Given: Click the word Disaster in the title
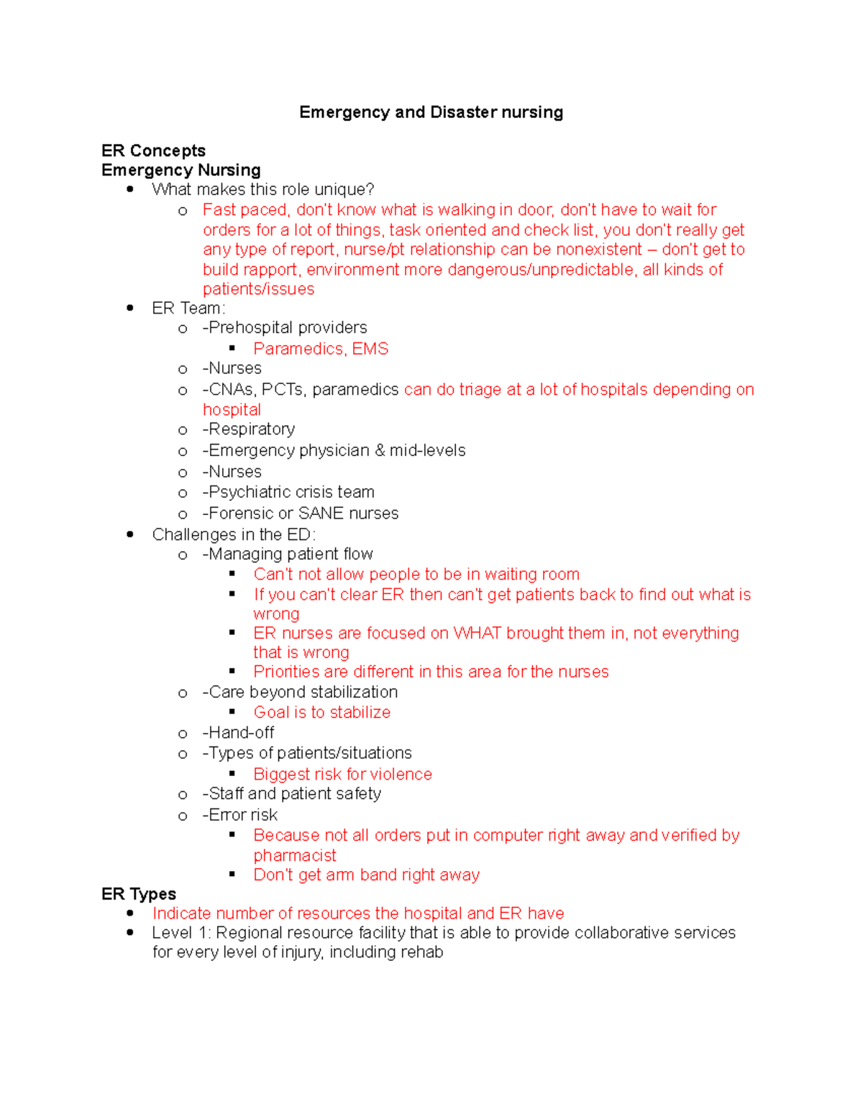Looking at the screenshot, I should (x=464, y=112).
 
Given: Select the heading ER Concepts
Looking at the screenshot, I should (x=153, y=150).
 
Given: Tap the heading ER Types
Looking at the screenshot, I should (x=139, y=893).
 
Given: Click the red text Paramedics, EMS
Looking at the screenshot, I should (x=321, y=349).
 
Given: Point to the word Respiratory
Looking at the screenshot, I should (x=252, y=429).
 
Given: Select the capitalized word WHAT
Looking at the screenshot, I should (x=477, y=633).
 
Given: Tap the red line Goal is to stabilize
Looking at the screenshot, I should (x=321, y=712).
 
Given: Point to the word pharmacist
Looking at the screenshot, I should (x=295, y=855).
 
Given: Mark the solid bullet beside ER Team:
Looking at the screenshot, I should (x=130, y=308).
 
